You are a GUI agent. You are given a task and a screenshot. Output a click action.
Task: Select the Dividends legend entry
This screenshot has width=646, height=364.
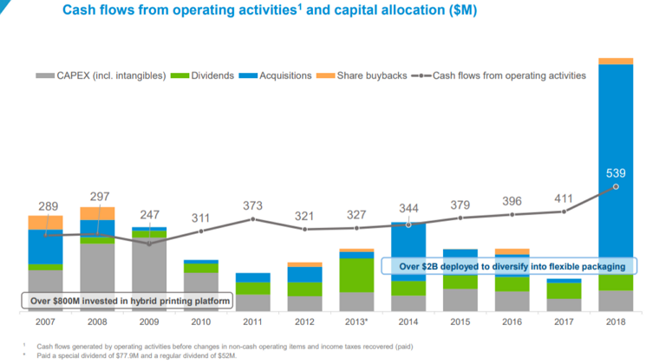207,75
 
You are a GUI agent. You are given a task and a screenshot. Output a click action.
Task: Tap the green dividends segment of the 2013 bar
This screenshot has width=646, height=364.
356,275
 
